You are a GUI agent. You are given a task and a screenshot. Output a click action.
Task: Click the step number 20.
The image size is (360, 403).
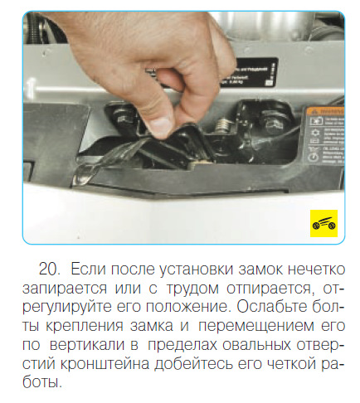click(x=51, y=270)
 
